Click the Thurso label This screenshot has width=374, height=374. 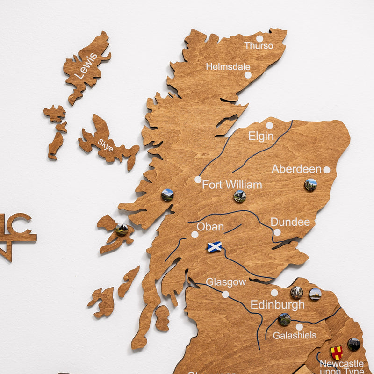coord(259,46)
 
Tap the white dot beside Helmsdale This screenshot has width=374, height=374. coord(248,75)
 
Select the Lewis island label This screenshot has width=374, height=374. coord(86,65)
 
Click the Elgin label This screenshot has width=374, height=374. coord(261,136)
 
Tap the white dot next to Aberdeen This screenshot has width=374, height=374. coord(326,170)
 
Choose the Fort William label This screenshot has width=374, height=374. coord(232,185)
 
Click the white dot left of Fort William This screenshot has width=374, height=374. coord(198,180)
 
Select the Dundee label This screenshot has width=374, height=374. coord(290,222)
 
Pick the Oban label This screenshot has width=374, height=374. coord(210,227)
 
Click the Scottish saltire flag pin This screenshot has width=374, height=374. coord(214,247)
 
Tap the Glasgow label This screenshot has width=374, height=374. coord(226,282)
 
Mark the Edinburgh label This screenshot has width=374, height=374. coord(277,305)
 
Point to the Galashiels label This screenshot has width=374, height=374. coord(295,335)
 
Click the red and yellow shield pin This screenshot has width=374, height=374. coord(337,352)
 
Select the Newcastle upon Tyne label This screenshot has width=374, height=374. coord(341,367)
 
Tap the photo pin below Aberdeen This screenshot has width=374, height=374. coord(310,185)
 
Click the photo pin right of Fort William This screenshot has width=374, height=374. coord(240,196)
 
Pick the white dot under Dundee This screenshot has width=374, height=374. coord(277,232)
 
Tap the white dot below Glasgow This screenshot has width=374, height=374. coord(225,294)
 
